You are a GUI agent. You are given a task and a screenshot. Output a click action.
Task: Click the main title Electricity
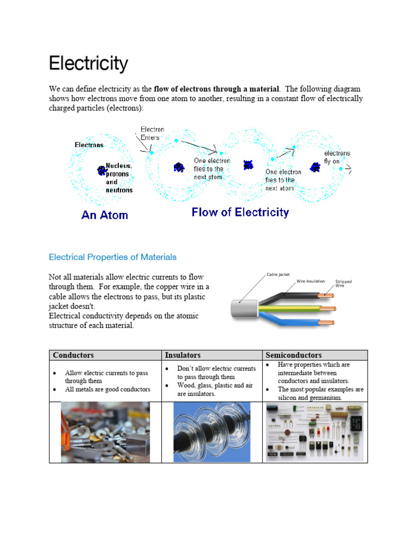(x=89, y=64)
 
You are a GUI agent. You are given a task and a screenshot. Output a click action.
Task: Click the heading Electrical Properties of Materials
(x=112, y=257)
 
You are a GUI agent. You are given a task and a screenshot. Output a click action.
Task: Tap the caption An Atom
(x=105, y=215)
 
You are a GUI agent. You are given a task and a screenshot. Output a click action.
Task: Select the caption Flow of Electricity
(x=240, y=212)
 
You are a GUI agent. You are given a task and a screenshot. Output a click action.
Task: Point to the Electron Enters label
(x=152, y=134)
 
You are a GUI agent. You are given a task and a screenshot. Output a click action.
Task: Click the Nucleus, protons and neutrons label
(x=118, y=178)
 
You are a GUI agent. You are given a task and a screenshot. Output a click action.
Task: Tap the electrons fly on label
(x=337, y=157)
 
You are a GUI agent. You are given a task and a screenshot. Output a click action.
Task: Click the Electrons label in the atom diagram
(x=89, y=145)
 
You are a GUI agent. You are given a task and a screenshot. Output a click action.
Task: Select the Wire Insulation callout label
(x=311, y=281)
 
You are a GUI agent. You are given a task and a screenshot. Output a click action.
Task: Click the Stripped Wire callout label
(x=343, y=283)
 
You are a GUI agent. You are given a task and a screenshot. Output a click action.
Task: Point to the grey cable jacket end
(x=240, y=310)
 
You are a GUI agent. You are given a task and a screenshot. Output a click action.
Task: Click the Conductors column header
(x=73, y=355)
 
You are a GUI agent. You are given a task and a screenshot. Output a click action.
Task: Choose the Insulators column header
(x=182, y=355)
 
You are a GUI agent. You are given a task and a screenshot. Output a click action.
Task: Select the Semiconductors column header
(x=293, y=355)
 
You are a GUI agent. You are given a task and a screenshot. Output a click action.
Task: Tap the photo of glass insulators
(x=212, y=432)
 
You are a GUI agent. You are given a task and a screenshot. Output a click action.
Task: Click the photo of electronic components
(x=315, y=432)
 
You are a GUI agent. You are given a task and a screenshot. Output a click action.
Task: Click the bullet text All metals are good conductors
(x=107, y=389)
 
